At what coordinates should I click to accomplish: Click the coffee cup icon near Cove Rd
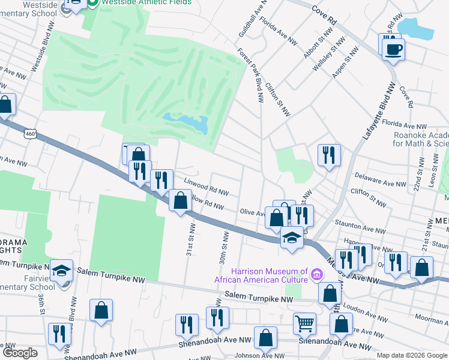(393, 49)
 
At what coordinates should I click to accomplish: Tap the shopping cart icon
(304, 323)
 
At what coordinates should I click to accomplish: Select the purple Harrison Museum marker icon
(317, 275)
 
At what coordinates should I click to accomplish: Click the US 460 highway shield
(30, 134)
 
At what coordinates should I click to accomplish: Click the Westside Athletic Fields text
(146, 2)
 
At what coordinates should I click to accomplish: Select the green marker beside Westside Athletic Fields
(92, 3)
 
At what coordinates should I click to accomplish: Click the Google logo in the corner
(20, 353)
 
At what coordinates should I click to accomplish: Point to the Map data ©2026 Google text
(411, 355)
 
